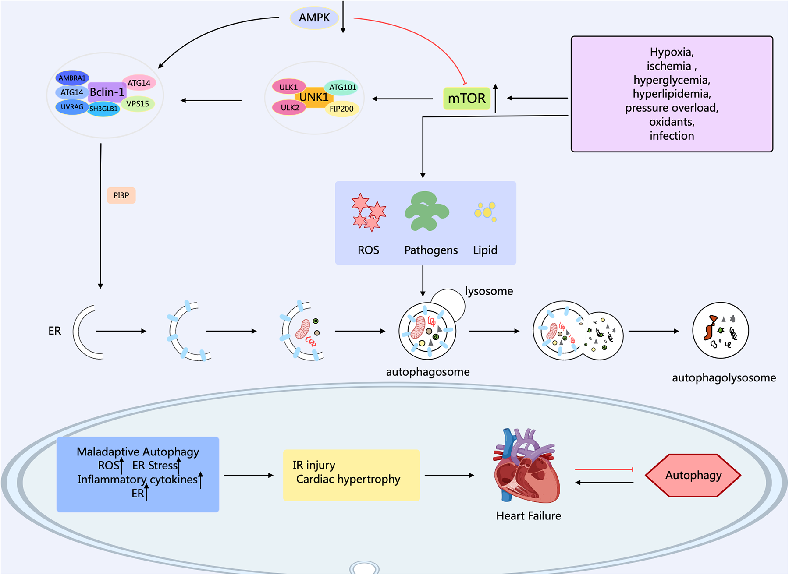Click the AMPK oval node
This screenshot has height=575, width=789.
[x=314, y=18]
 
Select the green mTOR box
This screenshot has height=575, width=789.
[x=466, y=98]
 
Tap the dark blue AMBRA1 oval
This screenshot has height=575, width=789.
[x=72, y=78]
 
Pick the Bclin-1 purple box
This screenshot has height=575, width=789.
[x=107, y=92]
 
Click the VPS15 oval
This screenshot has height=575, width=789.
[x=138, y=104]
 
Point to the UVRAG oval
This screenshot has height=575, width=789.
[x=72, y=107]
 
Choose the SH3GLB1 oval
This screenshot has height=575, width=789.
[x=103, y=109]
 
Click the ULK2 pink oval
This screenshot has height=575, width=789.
[x=289, y=108]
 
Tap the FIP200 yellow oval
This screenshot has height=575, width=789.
[x=341, y=109]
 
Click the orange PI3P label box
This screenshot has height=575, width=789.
[x=121, y=195]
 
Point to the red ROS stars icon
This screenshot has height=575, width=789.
[x=368, y=212]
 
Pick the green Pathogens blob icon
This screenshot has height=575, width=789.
[x=426, y=211]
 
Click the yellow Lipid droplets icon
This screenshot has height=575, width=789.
[x=485, y=212]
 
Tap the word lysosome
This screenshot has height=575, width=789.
[x=489, y=291]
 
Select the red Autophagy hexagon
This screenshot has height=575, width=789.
[x=693, y=476]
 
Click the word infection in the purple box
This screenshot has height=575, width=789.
[x=672, y=136]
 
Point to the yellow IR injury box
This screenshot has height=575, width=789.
[x=351, y=475]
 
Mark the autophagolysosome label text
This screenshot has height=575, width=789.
[x=724, y=378]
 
